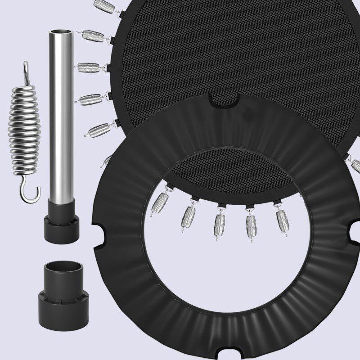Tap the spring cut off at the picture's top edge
tap(104, 5)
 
